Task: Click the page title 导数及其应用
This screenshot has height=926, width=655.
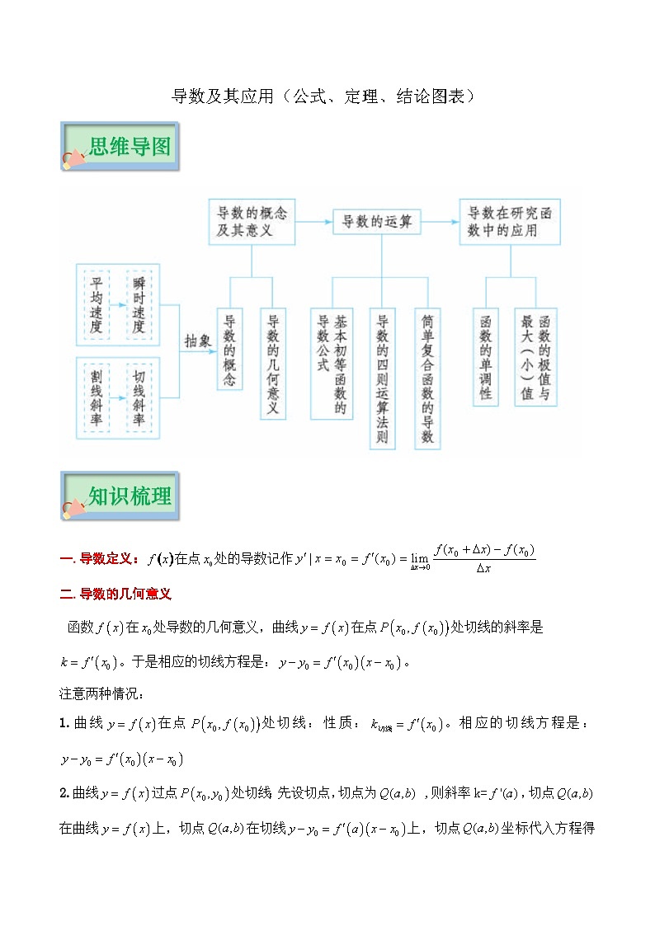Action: coord(323,96)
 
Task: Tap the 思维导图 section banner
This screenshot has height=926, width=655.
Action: coord(120,148)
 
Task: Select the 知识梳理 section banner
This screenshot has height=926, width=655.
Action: coord(120,496)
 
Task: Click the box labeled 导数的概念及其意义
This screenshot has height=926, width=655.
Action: coord(252,222)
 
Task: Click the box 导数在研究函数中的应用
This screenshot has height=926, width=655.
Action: coord(510,222)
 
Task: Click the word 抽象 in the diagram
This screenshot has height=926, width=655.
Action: coord(198,341)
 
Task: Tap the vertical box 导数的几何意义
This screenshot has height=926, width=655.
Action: coord(273,364)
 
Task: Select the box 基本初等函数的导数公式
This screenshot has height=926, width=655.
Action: coord(332,364)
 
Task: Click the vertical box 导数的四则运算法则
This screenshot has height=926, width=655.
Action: coord(381,379)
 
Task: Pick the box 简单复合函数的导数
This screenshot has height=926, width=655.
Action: coord(427,379)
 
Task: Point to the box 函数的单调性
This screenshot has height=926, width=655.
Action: coord(486,357)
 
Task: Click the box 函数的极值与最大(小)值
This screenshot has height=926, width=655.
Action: coord(535,357)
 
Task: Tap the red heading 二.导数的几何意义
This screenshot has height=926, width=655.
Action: coord(115,594)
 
